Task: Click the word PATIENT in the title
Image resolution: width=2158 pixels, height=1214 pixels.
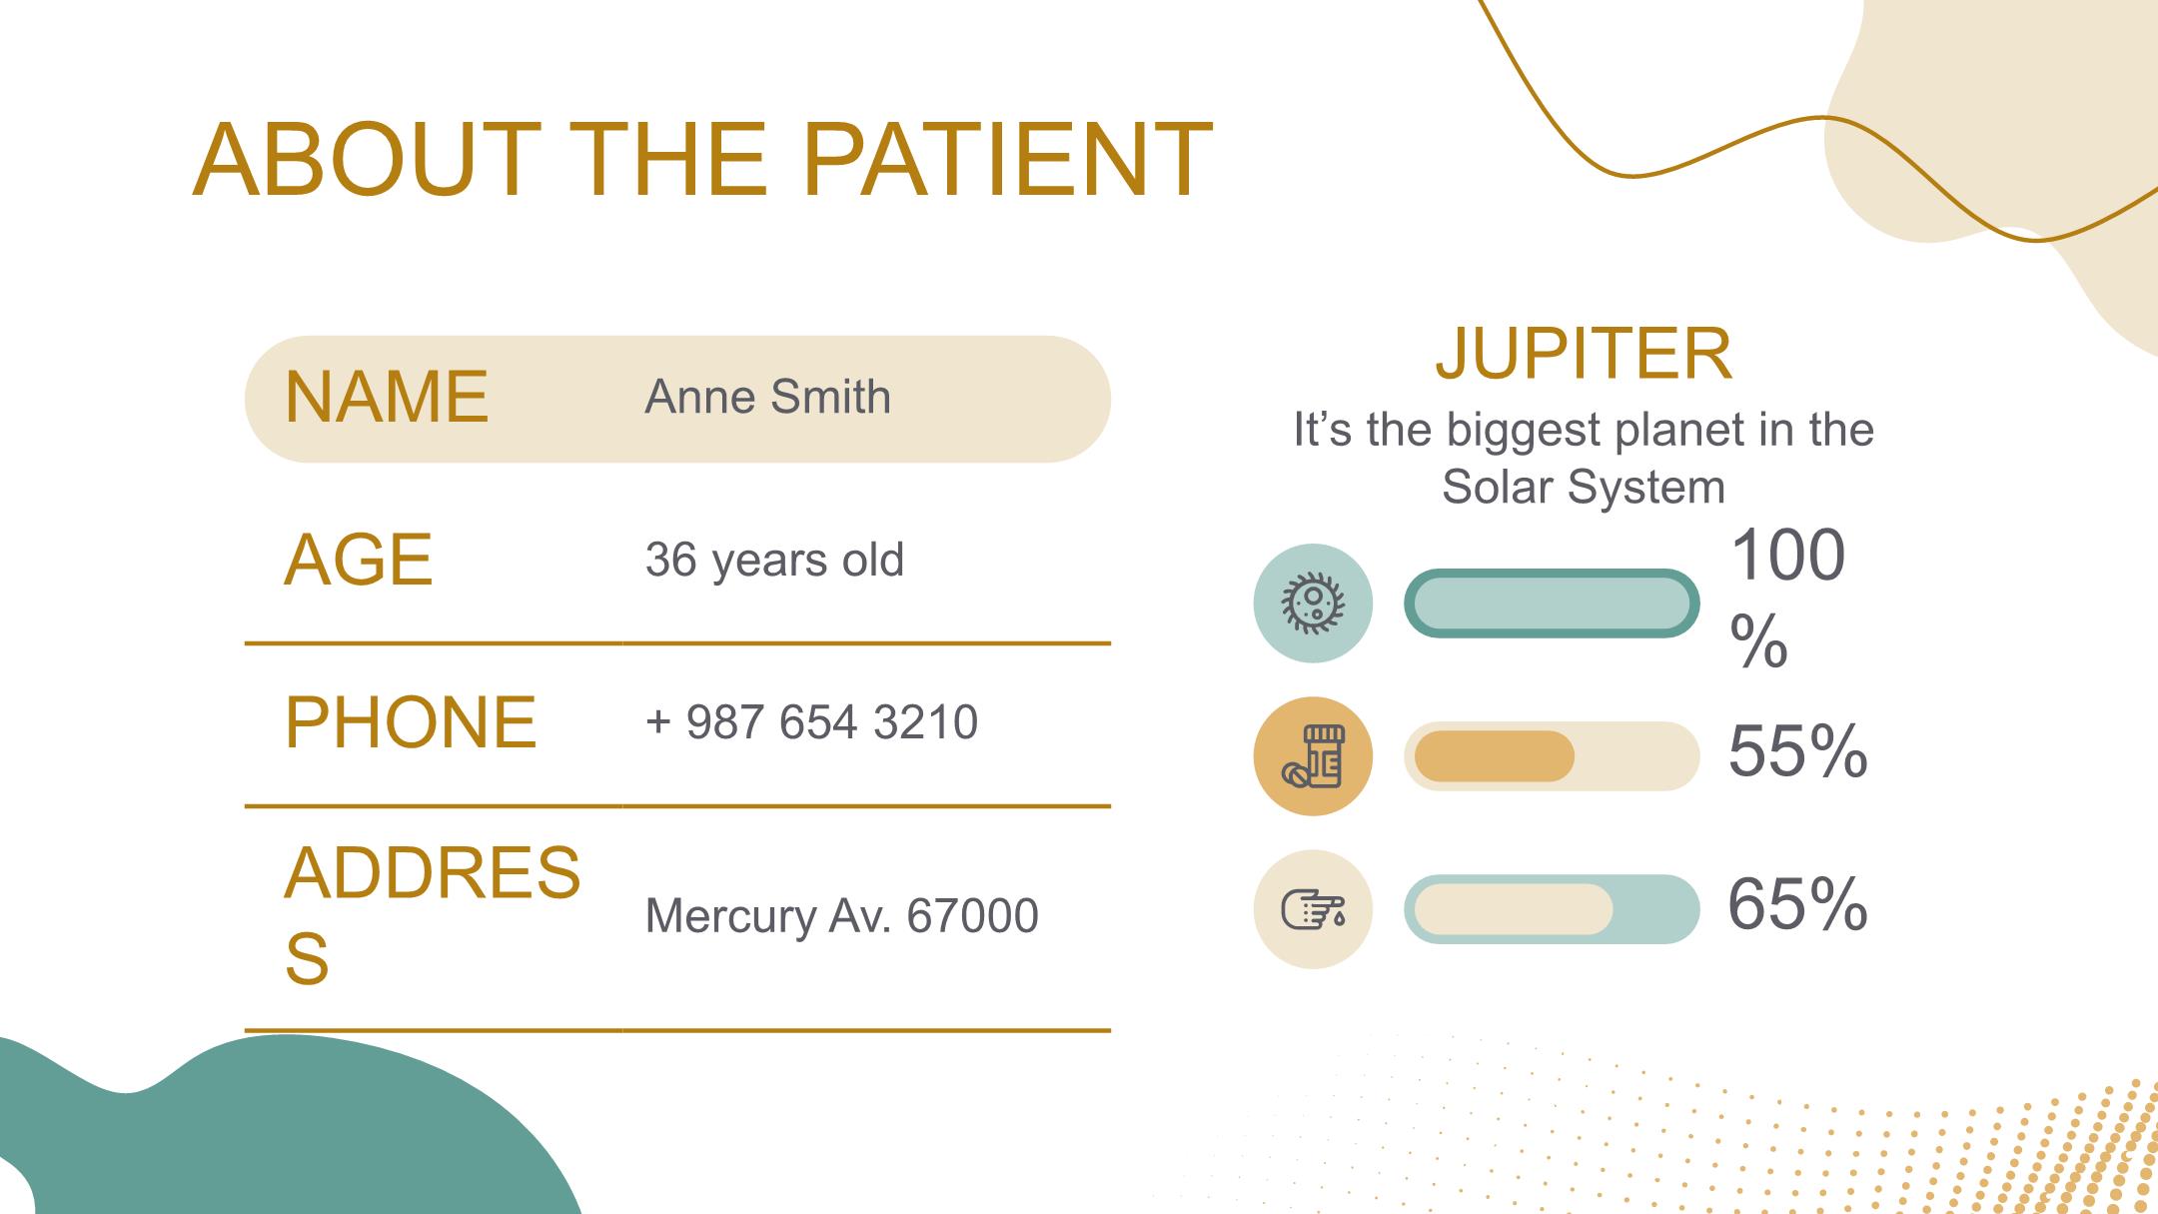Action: pos(1007,160)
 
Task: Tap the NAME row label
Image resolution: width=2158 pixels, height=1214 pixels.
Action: pos(387,398)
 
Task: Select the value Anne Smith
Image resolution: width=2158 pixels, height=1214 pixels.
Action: pos(767,397)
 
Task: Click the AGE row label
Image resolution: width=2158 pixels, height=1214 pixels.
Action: pos(358,560)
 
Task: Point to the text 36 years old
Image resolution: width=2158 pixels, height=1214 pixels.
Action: pos(774,560)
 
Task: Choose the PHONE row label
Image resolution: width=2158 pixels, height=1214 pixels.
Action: pos(411,721)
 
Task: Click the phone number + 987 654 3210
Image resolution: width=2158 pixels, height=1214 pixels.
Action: pos(811,721)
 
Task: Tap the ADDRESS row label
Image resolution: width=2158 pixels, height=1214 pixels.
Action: pos(432,914)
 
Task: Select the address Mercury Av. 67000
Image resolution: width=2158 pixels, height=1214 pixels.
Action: pos(841,915)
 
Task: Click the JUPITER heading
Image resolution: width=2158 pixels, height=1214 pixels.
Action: pos(1584,353)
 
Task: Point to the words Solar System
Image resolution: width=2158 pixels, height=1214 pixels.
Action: pos(1584,488)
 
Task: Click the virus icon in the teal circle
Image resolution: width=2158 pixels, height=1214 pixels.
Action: pos(1313,603)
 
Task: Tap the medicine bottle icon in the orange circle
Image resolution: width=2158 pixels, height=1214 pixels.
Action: pos(1313,756)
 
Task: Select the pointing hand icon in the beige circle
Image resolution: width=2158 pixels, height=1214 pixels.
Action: pos(1313,910)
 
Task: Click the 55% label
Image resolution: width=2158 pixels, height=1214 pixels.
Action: pos(1797,750)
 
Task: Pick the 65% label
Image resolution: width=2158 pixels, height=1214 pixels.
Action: pos(1797,904)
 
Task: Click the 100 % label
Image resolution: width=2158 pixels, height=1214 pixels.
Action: pos(1787,598)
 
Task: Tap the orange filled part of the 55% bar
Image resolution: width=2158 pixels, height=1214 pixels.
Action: pos(1495,756)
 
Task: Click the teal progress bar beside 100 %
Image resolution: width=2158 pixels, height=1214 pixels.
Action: pos(1552,603)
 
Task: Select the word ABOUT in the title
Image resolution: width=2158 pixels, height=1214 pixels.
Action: pos(367,160)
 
